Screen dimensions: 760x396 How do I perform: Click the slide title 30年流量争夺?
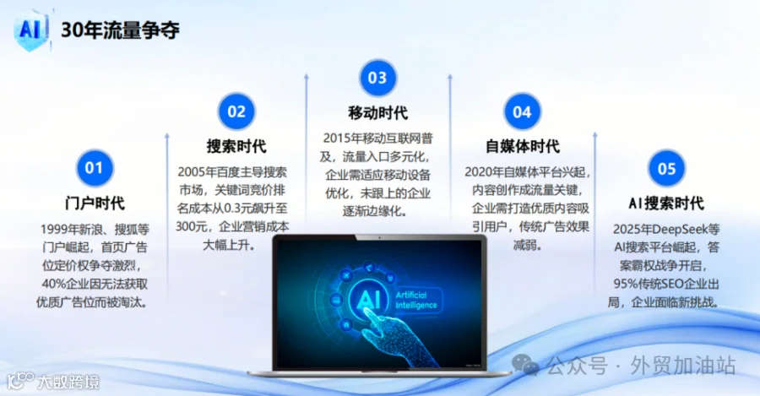pos(120,30)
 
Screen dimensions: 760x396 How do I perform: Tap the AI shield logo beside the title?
pos(31,30)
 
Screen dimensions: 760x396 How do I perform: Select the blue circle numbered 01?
pos(95,168)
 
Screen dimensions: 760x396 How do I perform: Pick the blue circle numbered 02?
pos(236,111)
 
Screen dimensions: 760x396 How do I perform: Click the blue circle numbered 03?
pos(377,78)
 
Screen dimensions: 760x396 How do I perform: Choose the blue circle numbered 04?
pos(522,112)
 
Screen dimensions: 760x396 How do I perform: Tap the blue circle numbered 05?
pos(666,168)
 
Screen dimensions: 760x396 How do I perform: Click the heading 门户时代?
pos(95,203)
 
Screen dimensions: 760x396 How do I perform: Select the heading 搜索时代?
pos(236,146)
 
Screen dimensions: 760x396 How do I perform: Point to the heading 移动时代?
pos(378,112)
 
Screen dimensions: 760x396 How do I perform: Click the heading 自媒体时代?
pos(523,146)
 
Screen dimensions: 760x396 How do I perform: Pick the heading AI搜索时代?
pos(666,203)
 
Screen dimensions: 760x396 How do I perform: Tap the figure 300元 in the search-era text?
pos(192,226)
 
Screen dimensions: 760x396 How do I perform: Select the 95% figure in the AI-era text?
pos(625,284)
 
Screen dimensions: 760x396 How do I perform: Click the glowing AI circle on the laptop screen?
pos(368,299)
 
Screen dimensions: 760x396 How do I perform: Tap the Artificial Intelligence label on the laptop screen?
pos(416,300)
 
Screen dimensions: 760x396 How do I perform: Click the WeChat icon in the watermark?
pos(525,365)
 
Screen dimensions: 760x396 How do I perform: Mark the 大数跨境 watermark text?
pos(68,382)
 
